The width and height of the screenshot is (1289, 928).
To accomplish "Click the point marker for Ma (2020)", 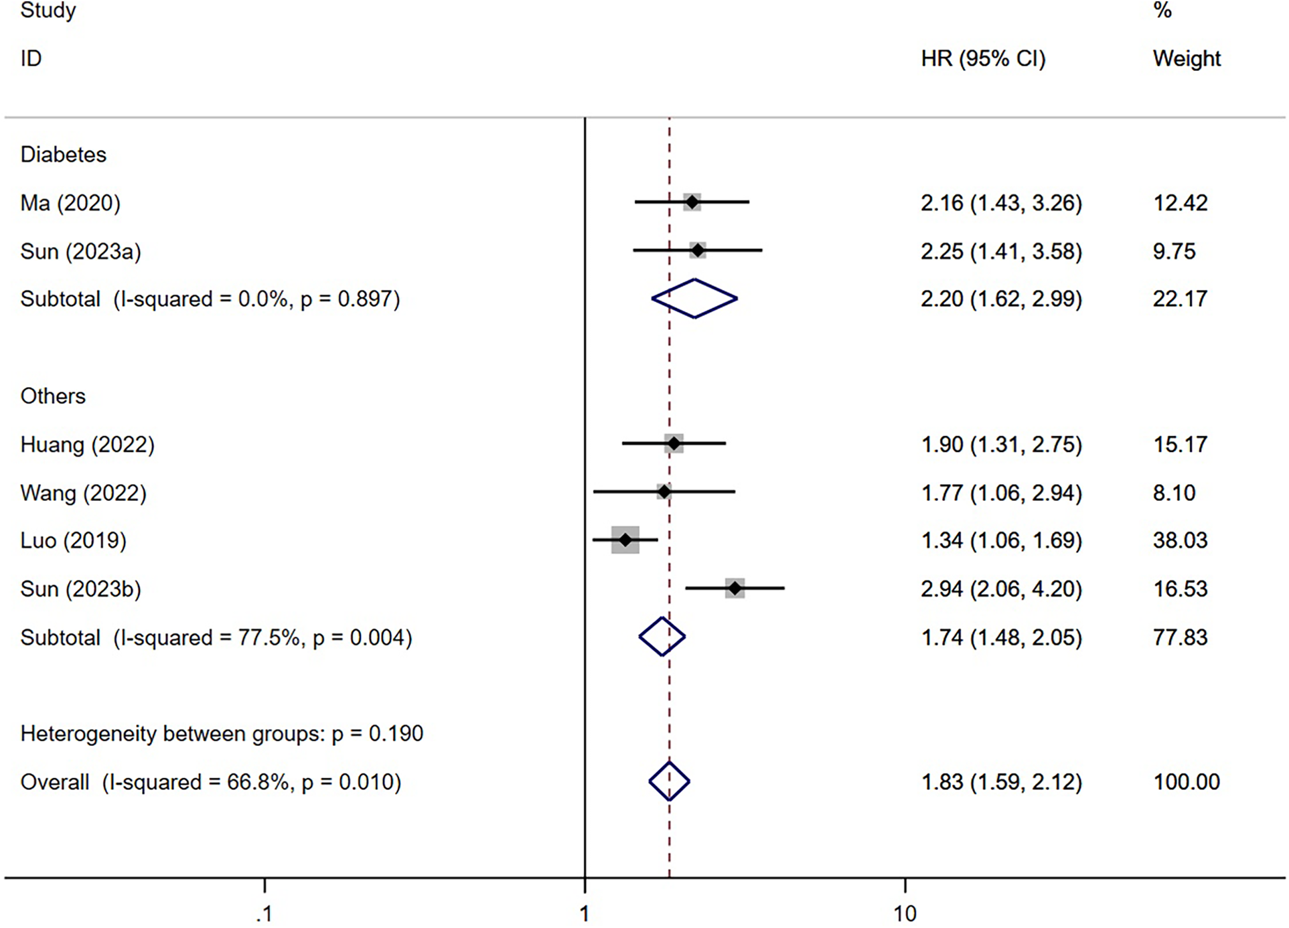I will click(692, 202).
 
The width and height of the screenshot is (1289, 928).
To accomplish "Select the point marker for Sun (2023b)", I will click(735, 589).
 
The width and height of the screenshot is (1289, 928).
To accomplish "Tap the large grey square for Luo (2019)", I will click(625, 540).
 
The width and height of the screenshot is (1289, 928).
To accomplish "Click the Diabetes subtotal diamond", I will click(694, 299).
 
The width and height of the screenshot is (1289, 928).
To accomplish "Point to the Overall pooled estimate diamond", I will click(669, 781).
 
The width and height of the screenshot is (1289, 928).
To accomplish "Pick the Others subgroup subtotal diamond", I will click(662, 637).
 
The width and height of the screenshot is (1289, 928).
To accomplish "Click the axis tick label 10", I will click(905, 913).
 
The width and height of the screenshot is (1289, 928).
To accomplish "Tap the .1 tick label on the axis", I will click(264, 913).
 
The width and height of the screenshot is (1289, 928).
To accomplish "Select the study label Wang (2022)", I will click(83, 493).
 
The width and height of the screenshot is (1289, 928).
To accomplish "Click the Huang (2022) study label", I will click(87, 445).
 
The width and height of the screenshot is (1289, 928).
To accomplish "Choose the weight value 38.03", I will click(1180, 540).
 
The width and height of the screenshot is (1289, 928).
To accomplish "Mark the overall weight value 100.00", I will click(1186, 781).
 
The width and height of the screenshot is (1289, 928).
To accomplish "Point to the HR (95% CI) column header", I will click(982, 59).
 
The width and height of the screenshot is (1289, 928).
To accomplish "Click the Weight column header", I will click(1187, 59).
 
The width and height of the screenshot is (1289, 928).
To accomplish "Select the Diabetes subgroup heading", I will click(63, 155).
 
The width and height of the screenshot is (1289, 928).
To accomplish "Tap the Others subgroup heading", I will click(53, 396).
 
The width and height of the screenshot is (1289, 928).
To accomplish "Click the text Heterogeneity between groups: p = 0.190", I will click(222, 734).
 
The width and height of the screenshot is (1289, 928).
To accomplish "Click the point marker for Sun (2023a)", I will click(698, 250).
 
